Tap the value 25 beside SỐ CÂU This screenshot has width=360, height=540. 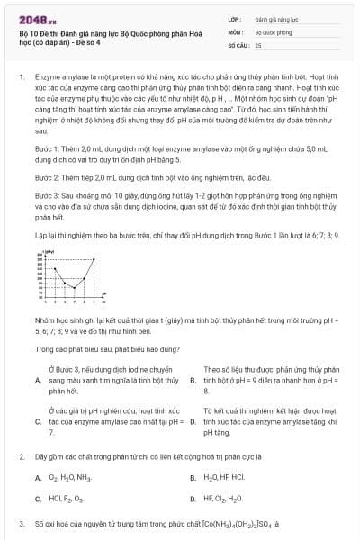click(x=258, y=44)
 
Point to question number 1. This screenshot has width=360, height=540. click(x=21, y=78)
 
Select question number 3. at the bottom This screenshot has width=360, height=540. click(x=21, y=523)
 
